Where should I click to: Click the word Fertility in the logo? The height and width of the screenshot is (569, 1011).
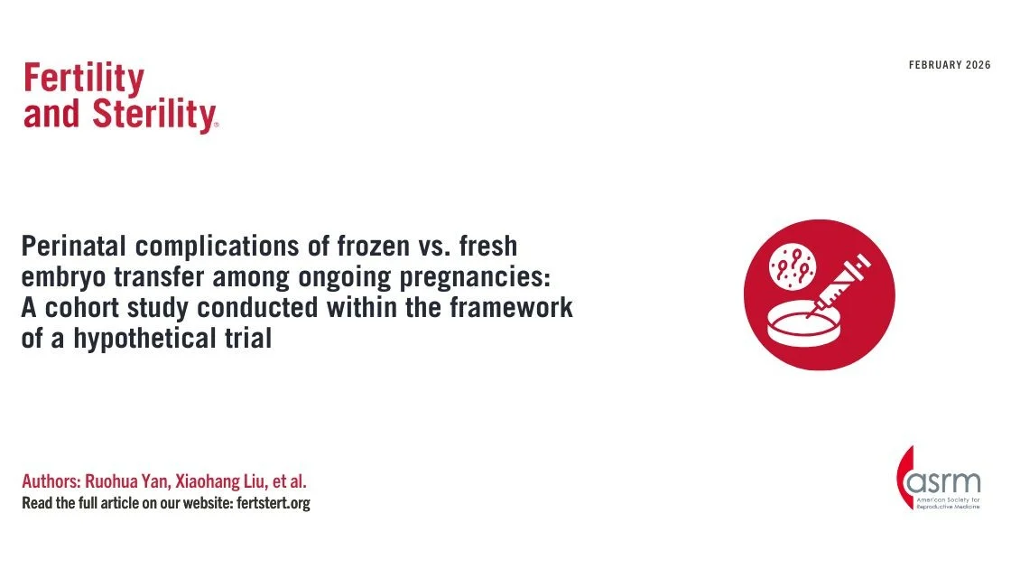coord(83,80)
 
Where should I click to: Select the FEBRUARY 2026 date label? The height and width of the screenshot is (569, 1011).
coord(949,65)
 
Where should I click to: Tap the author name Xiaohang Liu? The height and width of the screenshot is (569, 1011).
coord(234,481)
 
